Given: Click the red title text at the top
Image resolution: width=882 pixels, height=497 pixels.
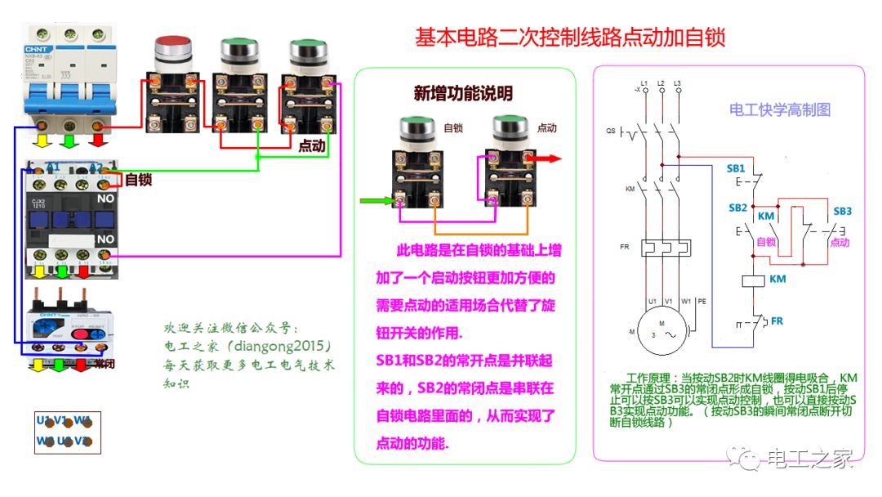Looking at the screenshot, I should tap(570, 38).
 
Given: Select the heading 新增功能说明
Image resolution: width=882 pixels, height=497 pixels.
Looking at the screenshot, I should tap(463, 93).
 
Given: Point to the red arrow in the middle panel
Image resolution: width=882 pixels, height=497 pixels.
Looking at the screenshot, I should tap(550, 159).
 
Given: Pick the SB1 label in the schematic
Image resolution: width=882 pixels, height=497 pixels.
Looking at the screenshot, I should tap(736, 168).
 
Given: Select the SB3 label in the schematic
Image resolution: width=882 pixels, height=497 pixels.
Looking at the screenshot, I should tap(842, 211).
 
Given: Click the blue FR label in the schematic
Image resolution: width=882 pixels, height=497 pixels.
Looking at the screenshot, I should tap(777, 320).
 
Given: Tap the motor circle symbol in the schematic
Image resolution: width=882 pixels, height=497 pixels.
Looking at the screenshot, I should tap(663, 335).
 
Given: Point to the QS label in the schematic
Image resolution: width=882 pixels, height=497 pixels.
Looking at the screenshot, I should tap(610, 131).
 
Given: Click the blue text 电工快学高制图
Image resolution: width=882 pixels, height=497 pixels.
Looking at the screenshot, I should tap(779, 110).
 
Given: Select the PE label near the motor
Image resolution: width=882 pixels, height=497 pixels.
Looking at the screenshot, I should tap(702, 301).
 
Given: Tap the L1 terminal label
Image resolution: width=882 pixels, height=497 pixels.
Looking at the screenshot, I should tap(644, 83).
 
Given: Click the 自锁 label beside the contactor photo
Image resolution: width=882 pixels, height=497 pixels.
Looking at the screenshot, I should tap(138, 179).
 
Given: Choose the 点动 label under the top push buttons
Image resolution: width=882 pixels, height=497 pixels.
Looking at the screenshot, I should tap(312, 146).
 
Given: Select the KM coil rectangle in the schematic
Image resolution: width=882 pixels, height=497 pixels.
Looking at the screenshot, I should tap(752, 280).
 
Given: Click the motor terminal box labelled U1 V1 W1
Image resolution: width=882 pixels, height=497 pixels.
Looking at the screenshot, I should tap(67, 432).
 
